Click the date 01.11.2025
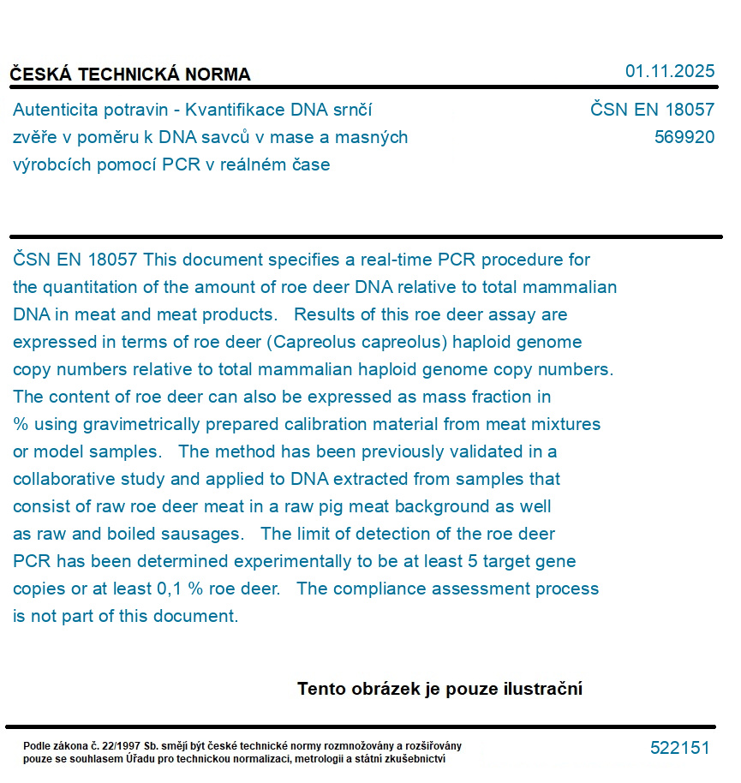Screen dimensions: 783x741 point(669,71)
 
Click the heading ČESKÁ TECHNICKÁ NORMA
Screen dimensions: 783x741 point(130,75)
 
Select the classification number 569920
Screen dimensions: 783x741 point(684,137)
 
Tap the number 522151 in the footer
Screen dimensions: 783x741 point(679,748)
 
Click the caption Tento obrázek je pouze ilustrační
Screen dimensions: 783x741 point(439,689)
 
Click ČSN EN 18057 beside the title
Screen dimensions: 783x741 point(652,110)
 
